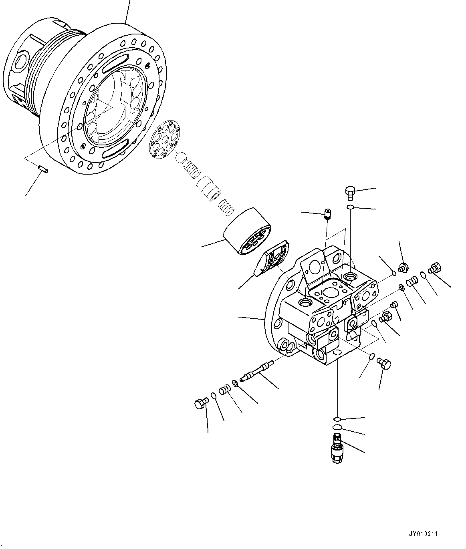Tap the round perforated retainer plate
coord(164,141)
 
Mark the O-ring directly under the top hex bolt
coord(350,207)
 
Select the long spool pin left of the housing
coord(256,371)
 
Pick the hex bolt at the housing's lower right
coord(384,363)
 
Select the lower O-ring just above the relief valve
coord(337,428)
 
